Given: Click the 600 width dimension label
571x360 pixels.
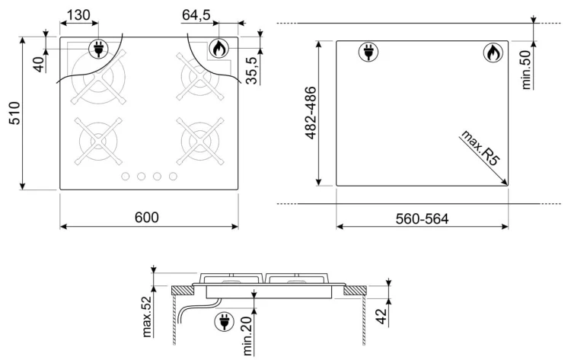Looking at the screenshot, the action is pyautogui.click(x=147, y=218).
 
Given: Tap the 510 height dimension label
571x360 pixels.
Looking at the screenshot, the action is pyautogui.click(x=15, y=113).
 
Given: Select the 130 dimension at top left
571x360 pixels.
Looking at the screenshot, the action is pyautogui.click(x=78, y=15).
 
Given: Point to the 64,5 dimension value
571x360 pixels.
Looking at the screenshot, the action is pyautogui.click(x=196, y=15).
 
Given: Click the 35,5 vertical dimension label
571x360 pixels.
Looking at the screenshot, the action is pyautogui.click(x=252, y=70).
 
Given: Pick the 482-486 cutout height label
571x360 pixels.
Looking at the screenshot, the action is pyautogui.click(x=311, y=113).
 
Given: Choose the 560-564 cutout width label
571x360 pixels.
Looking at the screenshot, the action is pyautogui.click(x=422, y=218).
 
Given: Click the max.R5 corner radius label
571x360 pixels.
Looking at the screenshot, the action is pyautogui.click(x=479, y=148).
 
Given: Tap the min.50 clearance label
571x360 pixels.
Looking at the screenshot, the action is pyautogui.click(x=526, y=69).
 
